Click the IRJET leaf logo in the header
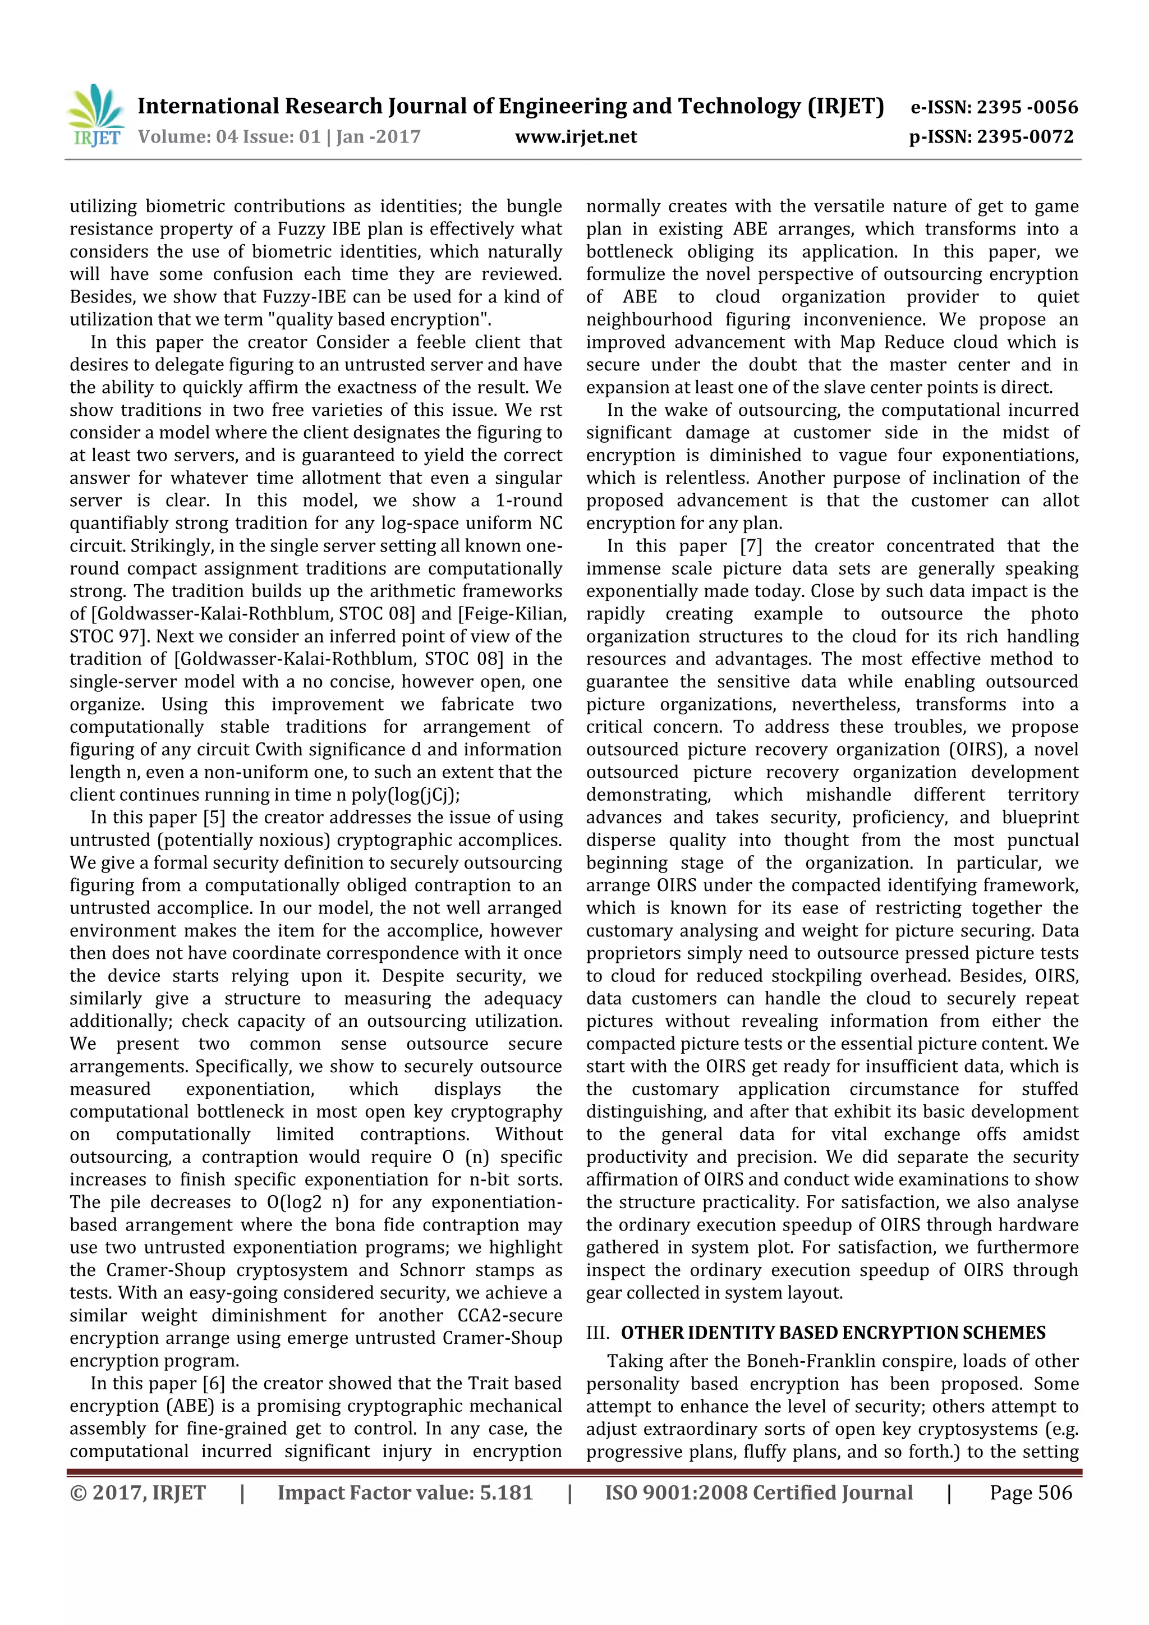(96, 114)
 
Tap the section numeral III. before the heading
(599, 1333)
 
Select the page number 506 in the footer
(1055, 1493)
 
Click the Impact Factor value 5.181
(506, 1493)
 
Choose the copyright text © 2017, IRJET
(138, 1493)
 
